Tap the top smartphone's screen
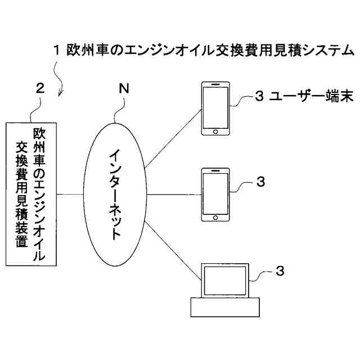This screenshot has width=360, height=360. tap(216, 107)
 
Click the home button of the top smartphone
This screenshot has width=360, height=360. tap(216, 132)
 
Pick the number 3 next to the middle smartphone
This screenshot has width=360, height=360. tap(260, 182)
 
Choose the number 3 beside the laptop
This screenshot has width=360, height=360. tap(280, 271)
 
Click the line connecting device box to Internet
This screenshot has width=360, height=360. tap(73, 195)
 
